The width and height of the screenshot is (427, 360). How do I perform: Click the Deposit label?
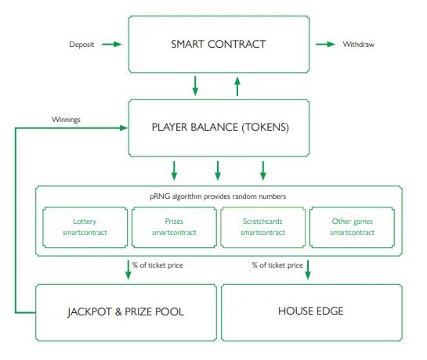click(81, 45)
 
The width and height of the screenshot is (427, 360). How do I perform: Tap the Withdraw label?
click(358, 45)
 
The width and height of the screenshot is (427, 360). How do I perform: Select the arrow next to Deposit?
click(112, 44)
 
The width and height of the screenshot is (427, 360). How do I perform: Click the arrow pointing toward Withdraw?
click(325, 44)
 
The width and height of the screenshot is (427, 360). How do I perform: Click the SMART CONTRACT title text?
click(219, 44)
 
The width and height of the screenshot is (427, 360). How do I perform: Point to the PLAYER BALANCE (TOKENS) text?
click(220, 127)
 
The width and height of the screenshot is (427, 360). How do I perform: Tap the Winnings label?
click(66, 120)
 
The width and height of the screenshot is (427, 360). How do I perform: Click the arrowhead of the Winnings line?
click(124, 128)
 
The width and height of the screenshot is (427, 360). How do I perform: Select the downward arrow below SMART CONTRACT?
click(195, 86)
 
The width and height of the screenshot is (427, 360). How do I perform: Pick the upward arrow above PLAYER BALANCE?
click(237, 87)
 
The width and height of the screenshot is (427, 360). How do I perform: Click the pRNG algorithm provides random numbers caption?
click(218, 196)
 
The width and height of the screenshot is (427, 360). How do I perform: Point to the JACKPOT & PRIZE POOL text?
click(126, 311)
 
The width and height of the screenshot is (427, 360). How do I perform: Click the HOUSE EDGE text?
click(311, 311)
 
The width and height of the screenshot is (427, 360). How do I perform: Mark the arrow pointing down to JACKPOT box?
click(128, 270)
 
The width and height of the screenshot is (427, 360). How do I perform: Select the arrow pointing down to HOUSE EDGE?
click(308, 270)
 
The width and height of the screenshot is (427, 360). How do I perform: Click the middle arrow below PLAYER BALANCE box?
click(218, 171)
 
